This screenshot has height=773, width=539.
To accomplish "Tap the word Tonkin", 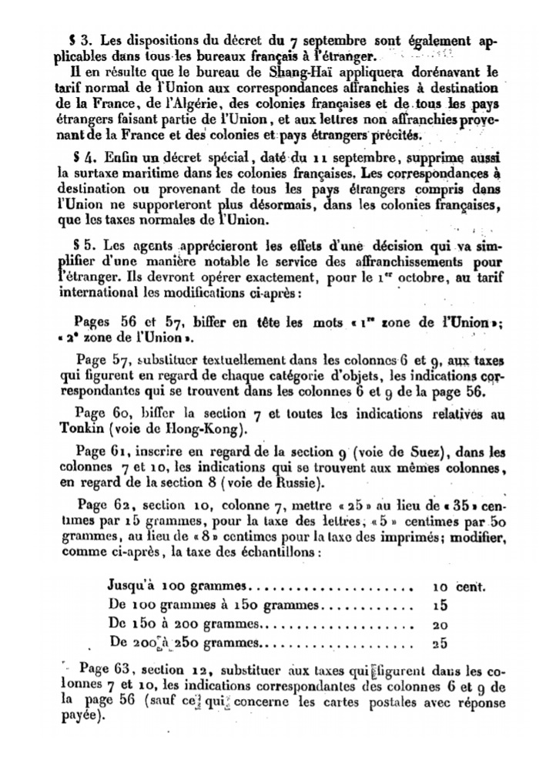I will coord(80,429).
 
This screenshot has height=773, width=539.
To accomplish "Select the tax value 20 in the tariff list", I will coord(440,624).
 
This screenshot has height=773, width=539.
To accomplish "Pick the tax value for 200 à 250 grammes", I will coord(440,643).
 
